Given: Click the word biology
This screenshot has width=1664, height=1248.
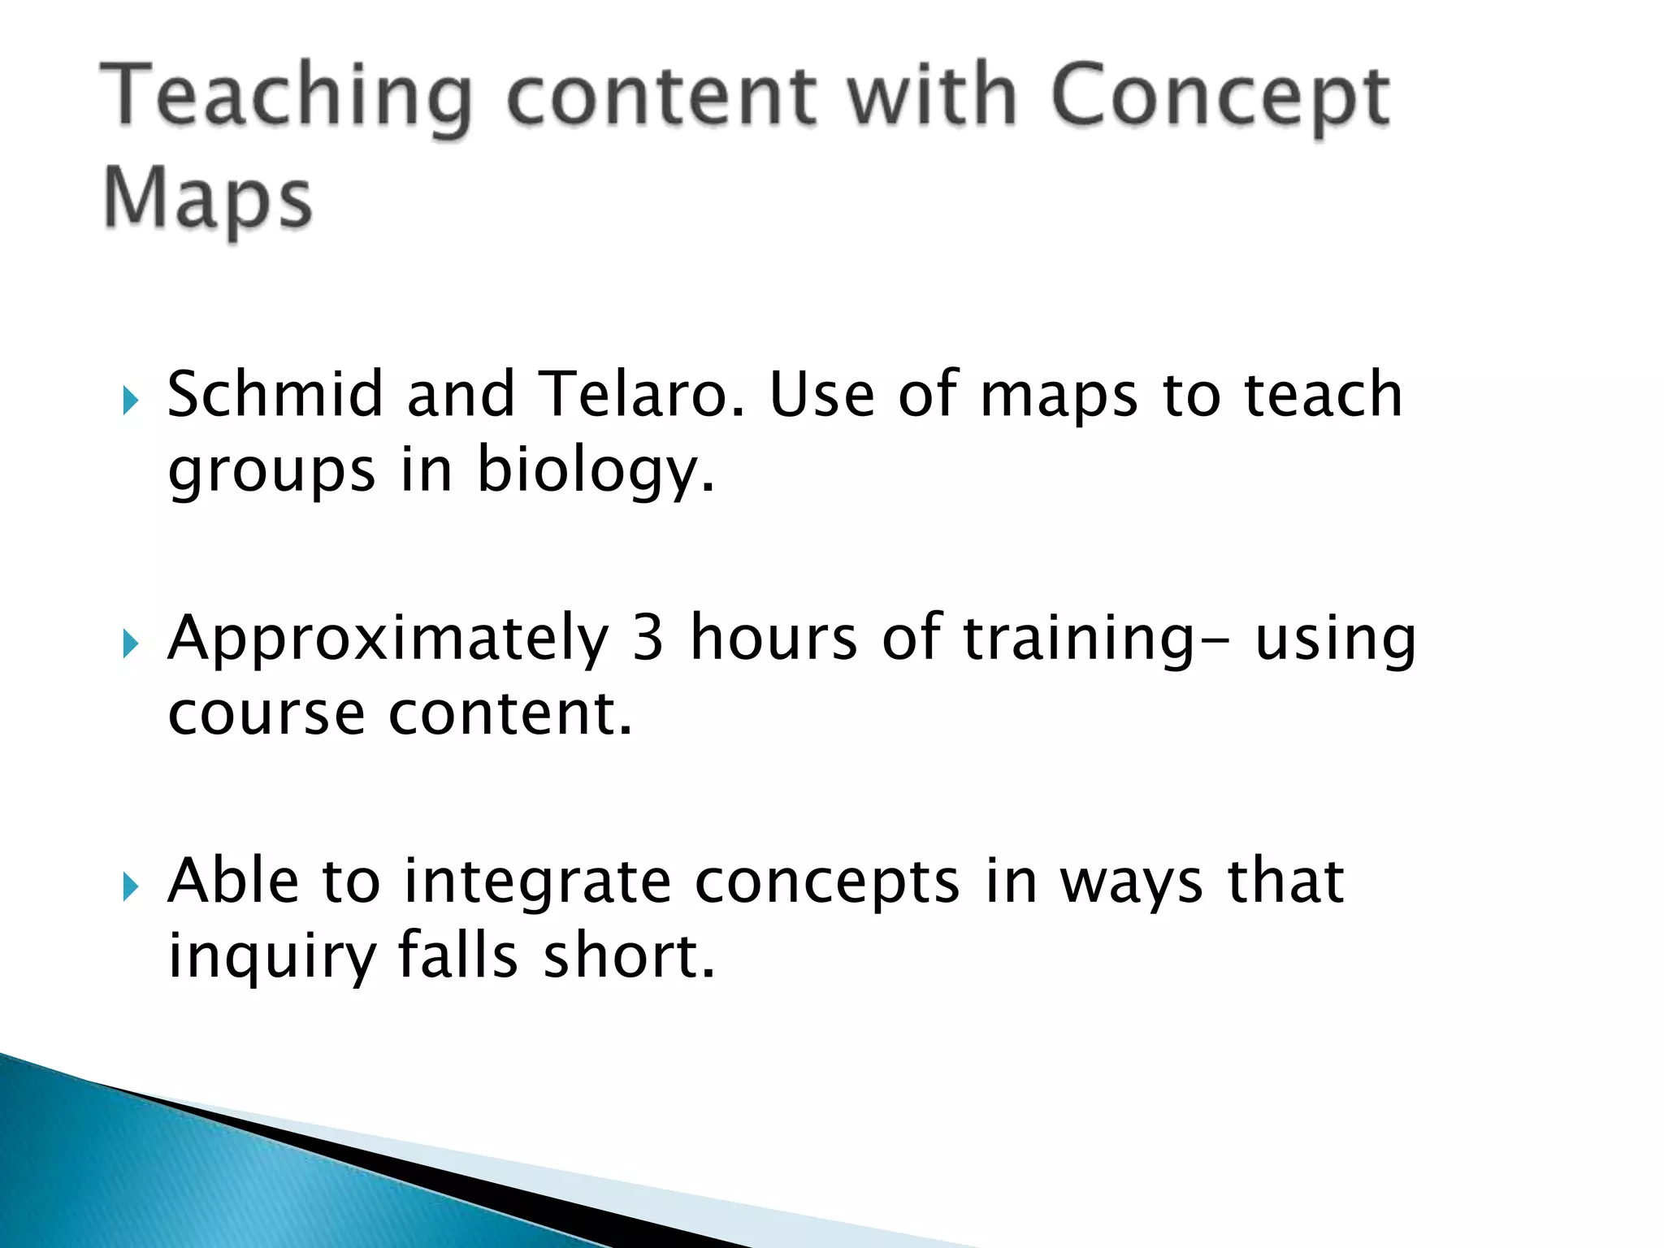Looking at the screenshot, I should coord(595,471).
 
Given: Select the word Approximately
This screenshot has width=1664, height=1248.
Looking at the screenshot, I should coord(388,640).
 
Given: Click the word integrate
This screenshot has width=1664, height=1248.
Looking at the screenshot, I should coord(537,883).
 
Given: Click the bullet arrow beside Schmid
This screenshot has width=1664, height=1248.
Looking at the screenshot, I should coord(130,401).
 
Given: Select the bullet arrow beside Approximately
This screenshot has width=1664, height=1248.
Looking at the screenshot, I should coord(130,644).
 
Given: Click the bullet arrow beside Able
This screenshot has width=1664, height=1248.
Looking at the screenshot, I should coord(130,887).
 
